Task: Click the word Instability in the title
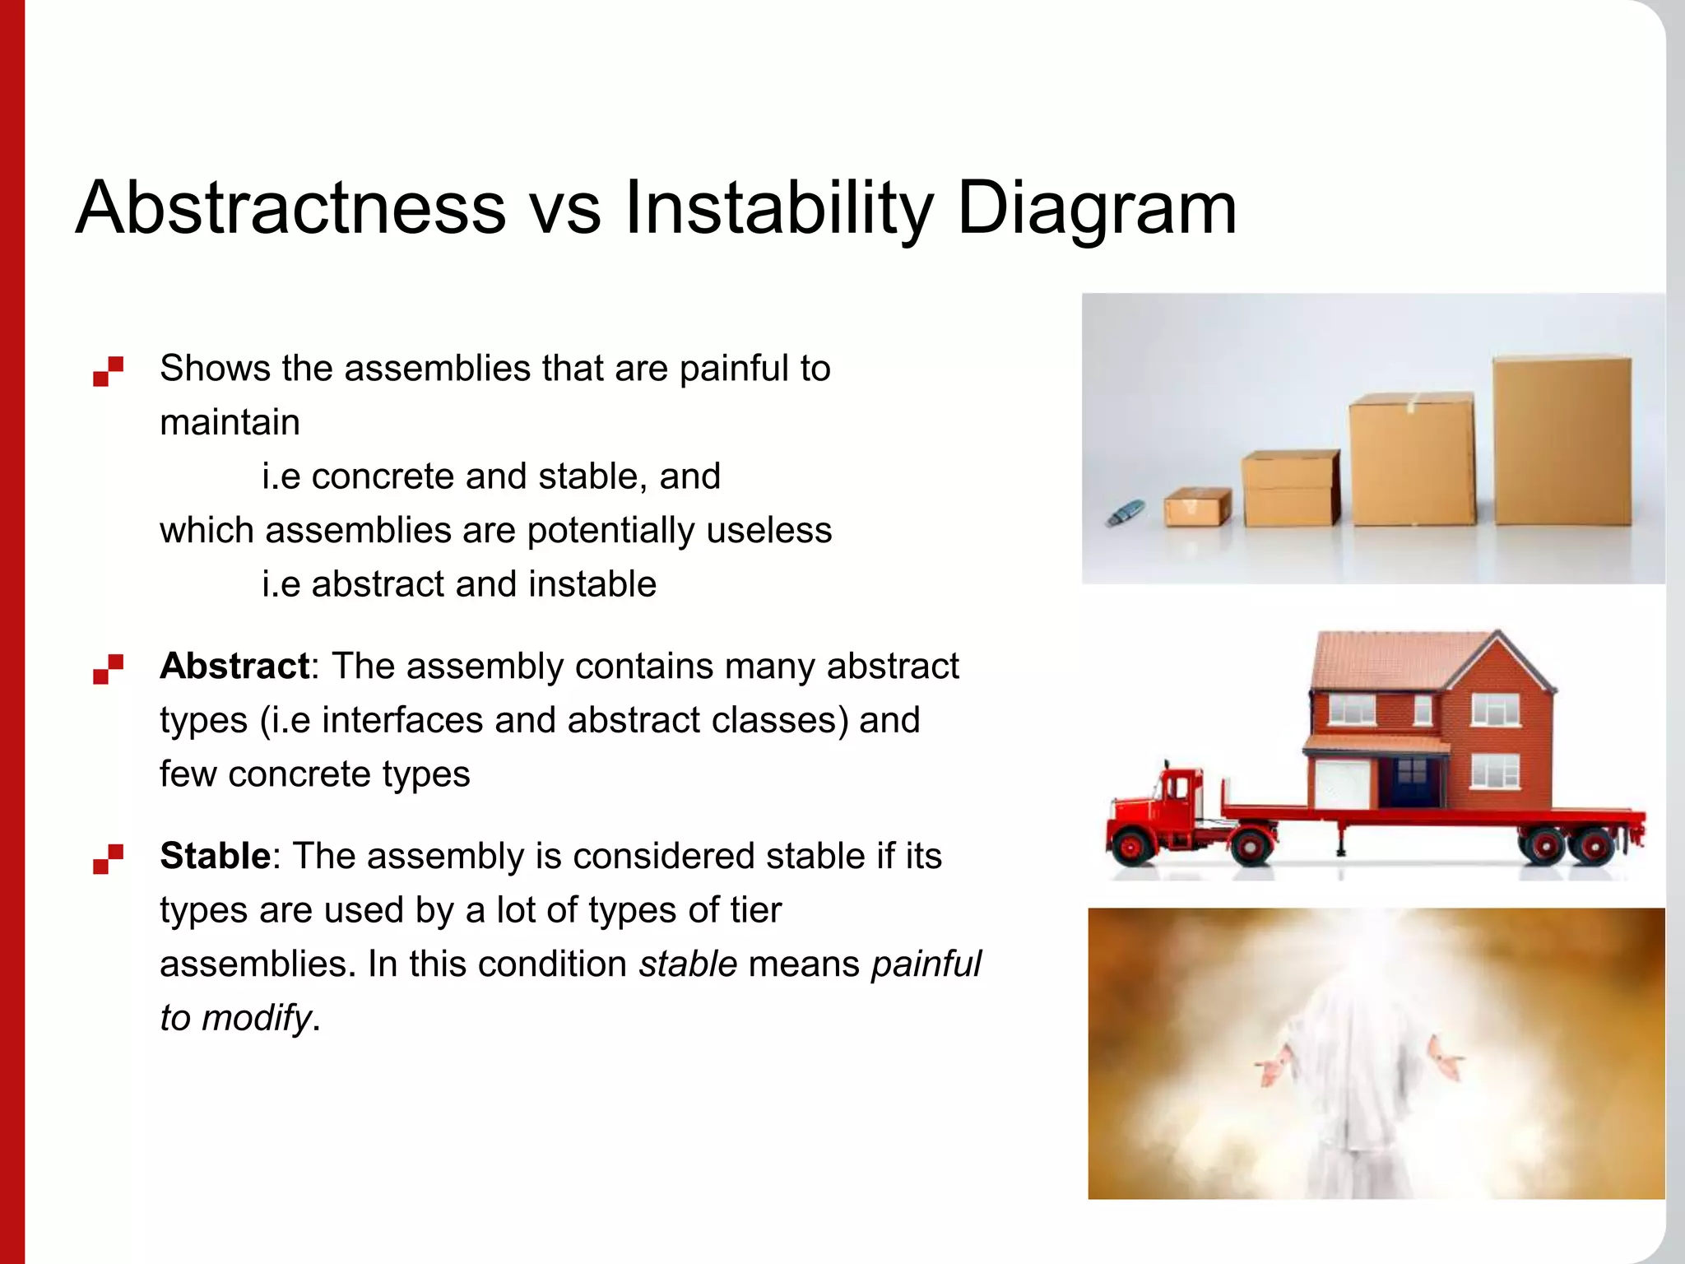tap(778, 207)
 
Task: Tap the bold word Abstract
tap(234, 666)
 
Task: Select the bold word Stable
tap(215, 856)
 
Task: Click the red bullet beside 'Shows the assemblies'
tap(108, 371)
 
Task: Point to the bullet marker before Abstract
tap(108, 669)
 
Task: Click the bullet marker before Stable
tap(108, 859)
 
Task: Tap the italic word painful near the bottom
tap(926, 964)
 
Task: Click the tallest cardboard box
tap(1562, 440)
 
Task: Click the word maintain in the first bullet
tap(230, 422)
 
